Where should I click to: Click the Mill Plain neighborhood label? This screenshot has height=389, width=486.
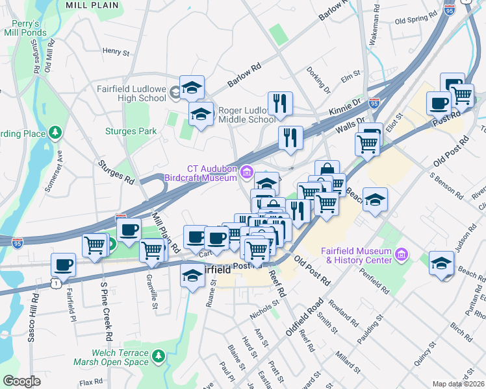coord(92,5)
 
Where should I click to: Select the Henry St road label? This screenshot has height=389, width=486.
coord(116,51)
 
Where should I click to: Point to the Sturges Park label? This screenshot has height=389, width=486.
coord(131,131)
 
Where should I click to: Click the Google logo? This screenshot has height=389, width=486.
coord(21,381)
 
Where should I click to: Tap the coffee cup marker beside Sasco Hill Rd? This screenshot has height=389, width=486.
coord(64,263)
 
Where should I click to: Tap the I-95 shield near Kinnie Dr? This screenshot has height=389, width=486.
coord(374,102)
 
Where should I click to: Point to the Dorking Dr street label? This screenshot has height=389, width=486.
coord(318,78)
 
